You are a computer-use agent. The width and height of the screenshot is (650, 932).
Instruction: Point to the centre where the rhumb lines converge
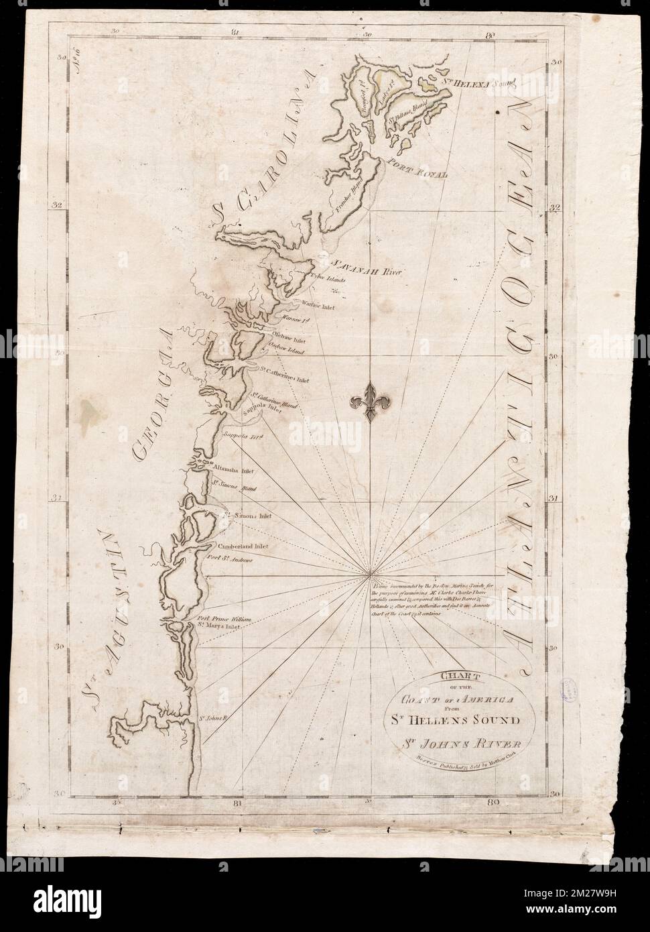(x=370, y=575)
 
